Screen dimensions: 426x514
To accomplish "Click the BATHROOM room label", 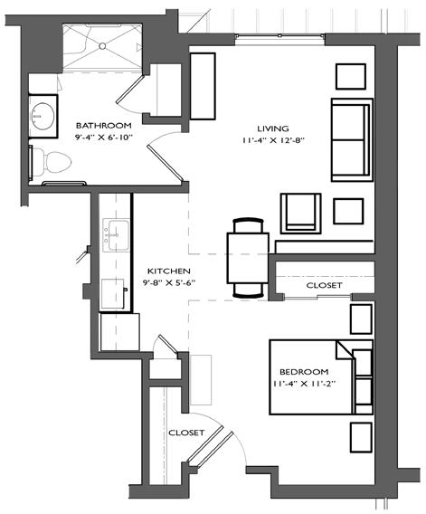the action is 103,126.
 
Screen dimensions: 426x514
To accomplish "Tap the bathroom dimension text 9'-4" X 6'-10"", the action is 103,138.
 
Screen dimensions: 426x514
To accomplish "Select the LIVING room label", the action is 273,128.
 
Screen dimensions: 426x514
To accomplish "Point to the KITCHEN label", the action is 169,271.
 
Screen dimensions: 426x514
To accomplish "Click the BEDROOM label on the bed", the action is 304,372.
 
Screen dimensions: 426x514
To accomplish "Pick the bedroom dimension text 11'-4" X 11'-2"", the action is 304,384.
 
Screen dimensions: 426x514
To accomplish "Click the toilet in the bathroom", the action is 52,162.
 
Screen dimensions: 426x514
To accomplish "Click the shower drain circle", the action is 102,46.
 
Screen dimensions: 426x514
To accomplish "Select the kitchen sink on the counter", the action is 117,235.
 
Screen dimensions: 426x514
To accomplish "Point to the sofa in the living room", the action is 352,140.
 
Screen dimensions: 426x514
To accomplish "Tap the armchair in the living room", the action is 300,214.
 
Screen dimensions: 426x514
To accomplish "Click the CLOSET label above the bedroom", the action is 324,286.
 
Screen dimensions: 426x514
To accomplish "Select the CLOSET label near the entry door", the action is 186,433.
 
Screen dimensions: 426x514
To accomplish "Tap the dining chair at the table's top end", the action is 248,225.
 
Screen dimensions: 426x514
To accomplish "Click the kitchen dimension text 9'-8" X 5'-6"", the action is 169,283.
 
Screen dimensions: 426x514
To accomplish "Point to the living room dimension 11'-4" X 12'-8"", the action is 273,140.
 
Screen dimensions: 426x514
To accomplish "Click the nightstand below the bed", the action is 361,437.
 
